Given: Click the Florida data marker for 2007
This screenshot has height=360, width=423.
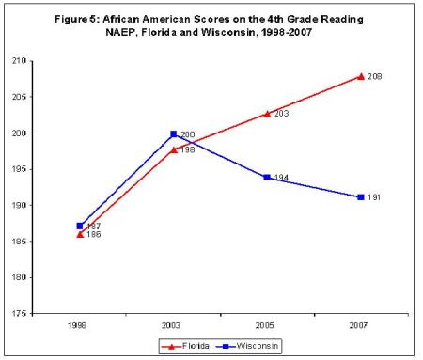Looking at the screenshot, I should coord(361,76).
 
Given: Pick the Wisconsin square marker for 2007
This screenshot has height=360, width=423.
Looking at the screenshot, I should coord(361,197).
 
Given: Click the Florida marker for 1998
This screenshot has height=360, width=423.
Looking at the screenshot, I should coord(80,233).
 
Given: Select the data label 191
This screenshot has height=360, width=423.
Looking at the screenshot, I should coord(374,197).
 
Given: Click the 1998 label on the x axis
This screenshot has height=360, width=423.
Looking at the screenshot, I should coord(80,326).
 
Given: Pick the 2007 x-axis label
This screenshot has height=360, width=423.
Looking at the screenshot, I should coord(361,326).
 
